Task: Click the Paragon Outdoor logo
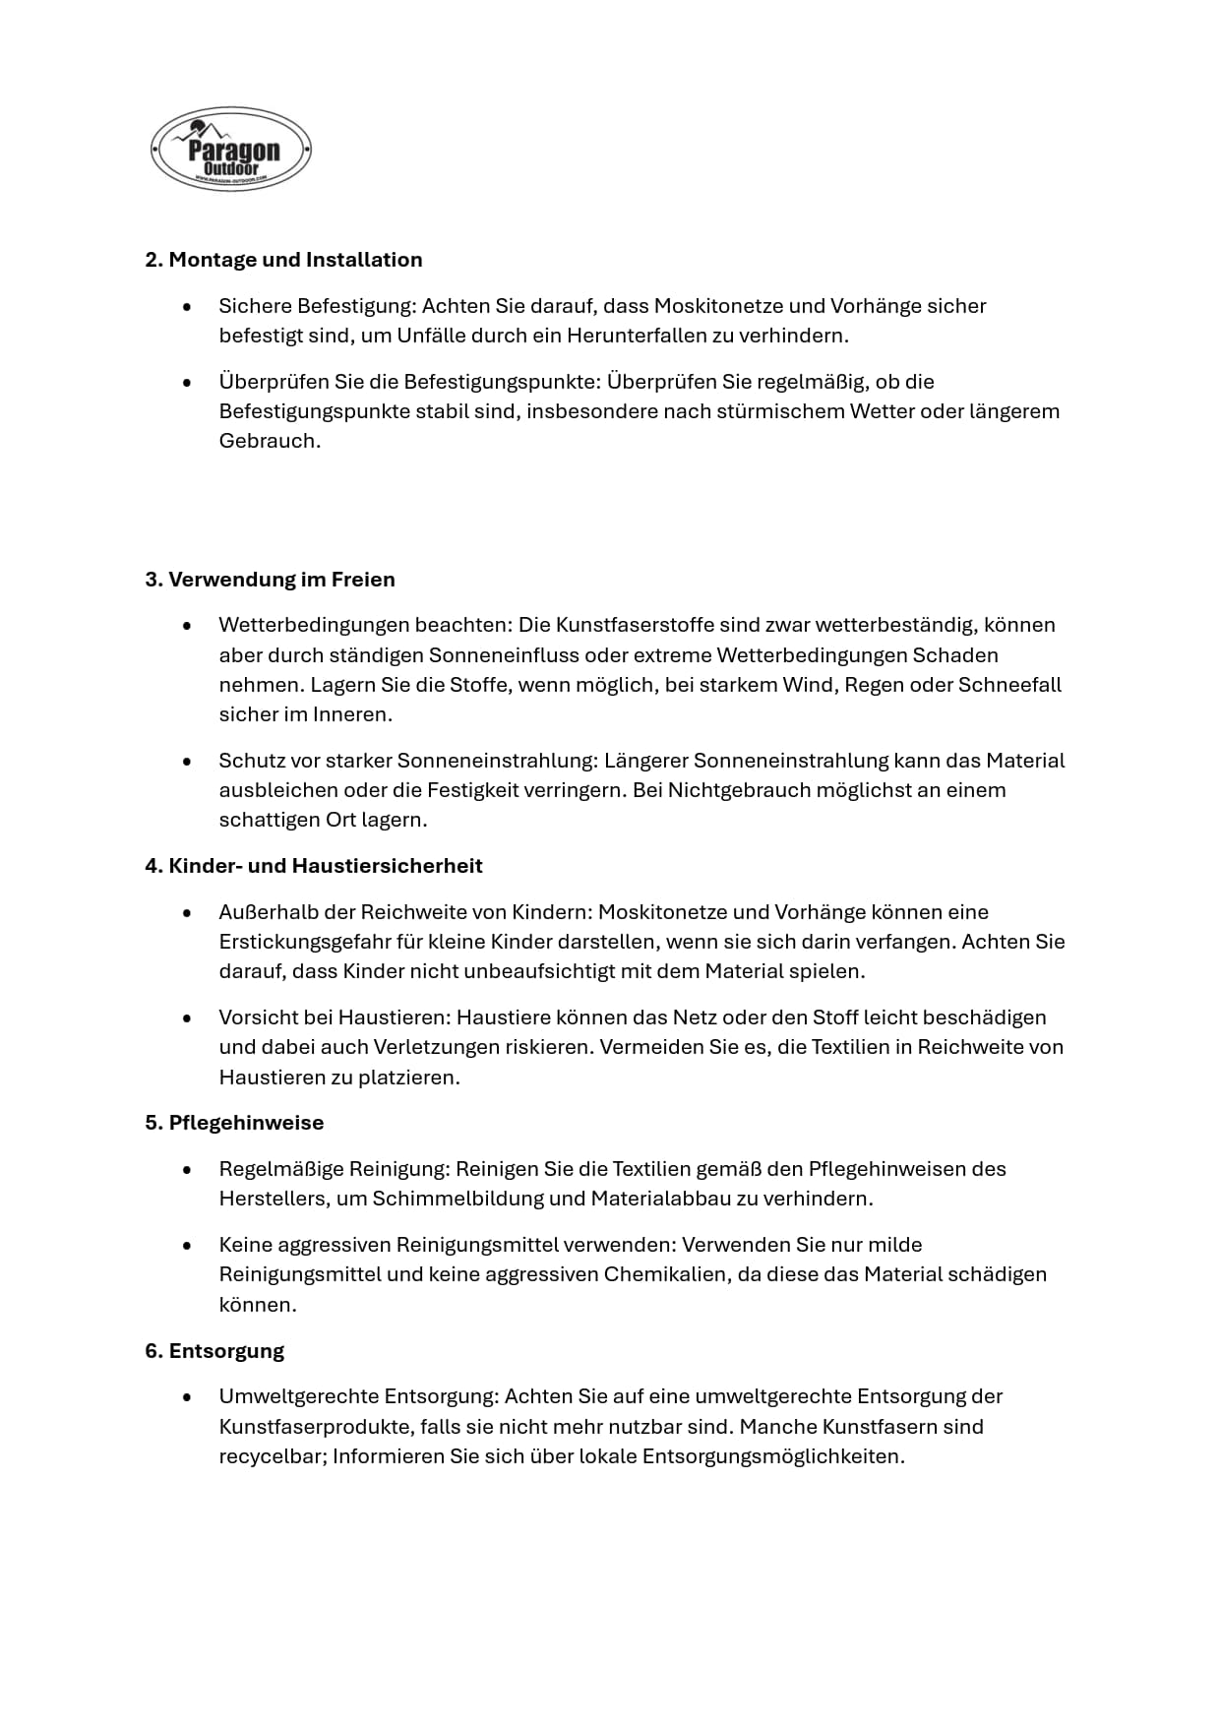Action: click(x=231, y=150)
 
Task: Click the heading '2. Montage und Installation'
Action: click(x=283, y=260)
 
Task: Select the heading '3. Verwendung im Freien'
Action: click(x=270, y=580)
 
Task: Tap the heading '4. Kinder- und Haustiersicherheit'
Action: click(x=314, y=866)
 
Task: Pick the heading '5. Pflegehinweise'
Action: click(x=234, y=1123)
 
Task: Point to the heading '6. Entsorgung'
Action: click(x=214, y=1351)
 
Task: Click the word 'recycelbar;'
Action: click(x=273, y=1456)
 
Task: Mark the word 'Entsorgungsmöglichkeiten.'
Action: click(x=773, y=1456)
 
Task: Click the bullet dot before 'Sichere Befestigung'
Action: click(x=187, y=307)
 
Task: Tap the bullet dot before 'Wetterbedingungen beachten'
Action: click(x=187, y=626)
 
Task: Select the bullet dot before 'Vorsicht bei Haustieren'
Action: click(x=187, y=1018)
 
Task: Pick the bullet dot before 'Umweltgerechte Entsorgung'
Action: click(x=187, y=1397)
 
